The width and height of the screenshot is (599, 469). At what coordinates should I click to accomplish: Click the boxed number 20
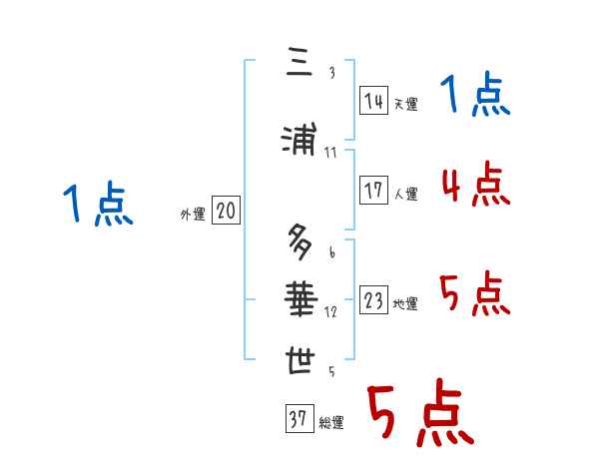tap(227, 212)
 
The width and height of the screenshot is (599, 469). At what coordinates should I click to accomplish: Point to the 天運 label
tap(406, 104)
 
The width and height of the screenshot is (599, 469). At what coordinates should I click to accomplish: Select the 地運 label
tap(406, 304)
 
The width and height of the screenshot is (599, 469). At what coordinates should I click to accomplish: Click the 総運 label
tap(331, 423)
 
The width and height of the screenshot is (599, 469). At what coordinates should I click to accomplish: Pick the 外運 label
tap(192, 215)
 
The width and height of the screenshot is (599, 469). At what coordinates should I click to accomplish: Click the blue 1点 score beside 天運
tap(475, 97)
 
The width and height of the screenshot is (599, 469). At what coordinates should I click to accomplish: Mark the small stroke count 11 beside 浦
tap(331, 152)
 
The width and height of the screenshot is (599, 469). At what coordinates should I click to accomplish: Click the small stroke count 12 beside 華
tap(331, 311)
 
